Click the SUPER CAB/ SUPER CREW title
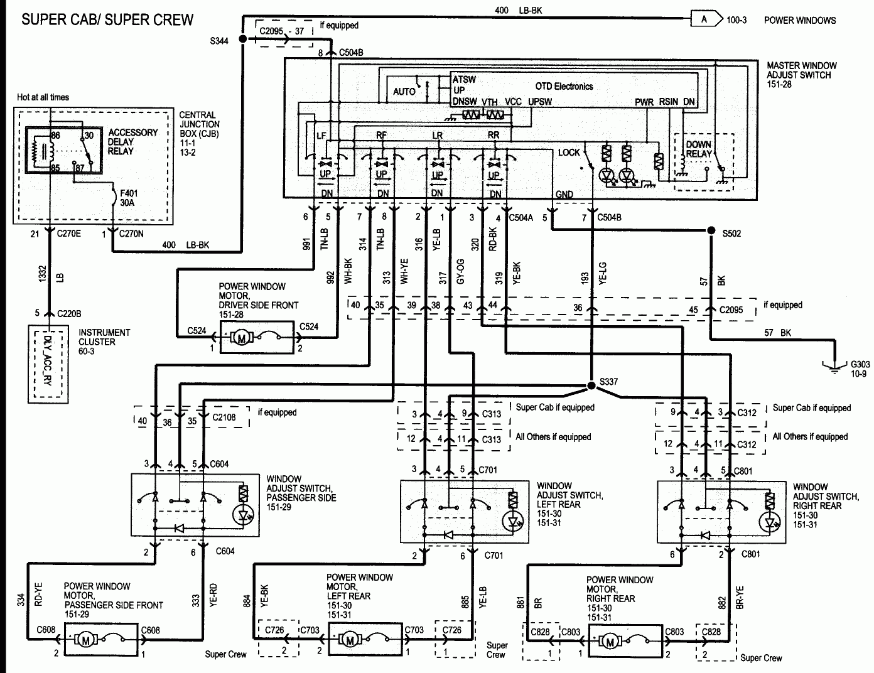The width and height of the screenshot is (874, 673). click(x=107, y=19)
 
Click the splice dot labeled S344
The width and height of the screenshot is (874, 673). click(x=241, y=39)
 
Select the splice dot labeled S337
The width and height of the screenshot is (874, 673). click(x=591, y=385)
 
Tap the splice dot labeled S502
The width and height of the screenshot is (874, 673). click(x=711, y=230)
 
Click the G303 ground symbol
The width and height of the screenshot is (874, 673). click(x=834, y=367)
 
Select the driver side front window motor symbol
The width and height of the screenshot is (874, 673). click(x=241, y=338)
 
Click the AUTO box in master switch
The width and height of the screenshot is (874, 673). click(x=404, y=92)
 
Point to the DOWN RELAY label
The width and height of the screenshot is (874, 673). click(x=698, y=149)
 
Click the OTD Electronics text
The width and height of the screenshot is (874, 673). click(x=563, y=87)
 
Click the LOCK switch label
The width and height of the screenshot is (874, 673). click(x=569, y=153)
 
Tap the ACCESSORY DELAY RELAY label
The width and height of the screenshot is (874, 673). click(x=132, y=142)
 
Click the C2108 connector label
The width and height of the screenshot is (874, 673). click(x=224, y=417)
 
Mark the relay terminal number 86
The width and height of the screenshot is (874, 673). click(x=55, y=135)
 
